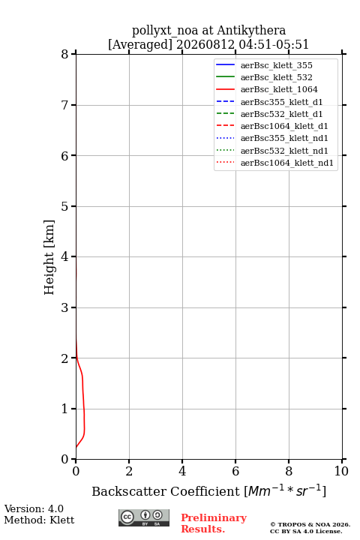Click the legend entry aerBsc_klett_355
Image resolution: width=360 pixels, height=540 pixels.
click(x=276, y=65)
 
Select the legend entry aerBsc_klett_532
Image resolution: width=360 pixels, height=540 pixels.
click(x=276, y=77)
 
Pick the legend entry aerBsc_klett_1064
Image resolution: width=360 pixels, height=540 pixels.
click(x=279, y=89)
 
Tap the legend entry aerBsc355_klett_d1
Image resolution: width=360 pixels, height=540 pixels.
click(x=281, y=102)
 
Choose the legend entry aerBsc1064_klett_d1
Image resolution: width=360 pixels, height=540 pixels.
click(x=284, y=126)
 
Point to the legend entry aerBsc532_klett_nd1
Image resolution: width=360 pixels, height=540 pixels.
click(x=284, y=151)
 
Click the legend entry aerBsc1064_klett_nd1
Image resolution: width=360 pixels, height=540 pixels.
click(x=287, y=163)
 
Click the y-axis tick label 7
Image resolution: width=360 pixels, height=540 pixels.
click(x=64, y=105)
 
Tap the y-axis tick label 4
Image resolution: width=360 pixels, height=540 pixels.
click(x=64, y=256)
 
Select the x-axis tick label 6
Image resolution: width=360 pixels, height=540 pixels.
click(x=235, y=471)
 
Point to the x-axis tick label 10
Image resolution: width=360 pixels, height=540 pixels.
click(x=341, y=471)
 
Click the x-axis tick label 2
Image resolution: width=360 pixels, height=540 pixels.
click(x=129, y=471)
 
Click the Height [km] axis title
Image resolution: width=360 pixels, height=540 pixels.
click(x=49, y=257)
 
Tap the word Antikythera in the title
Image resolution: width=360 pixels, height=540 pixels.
click(x=251, y=31)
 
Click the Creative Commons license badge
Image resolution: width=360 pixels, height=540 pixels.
click(x=144, y=517)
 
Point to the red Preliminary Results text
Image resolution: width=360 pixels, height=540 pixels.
click(x=214, y=523)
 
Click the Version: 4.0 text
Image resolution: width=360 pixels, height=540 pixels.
click(x=34, y=508)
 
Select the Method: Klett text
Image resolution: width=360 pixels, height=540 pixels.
click(x=39, y=520)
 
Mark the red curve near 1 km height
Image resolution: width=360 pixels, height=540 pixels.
click(x=84, y=409)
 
